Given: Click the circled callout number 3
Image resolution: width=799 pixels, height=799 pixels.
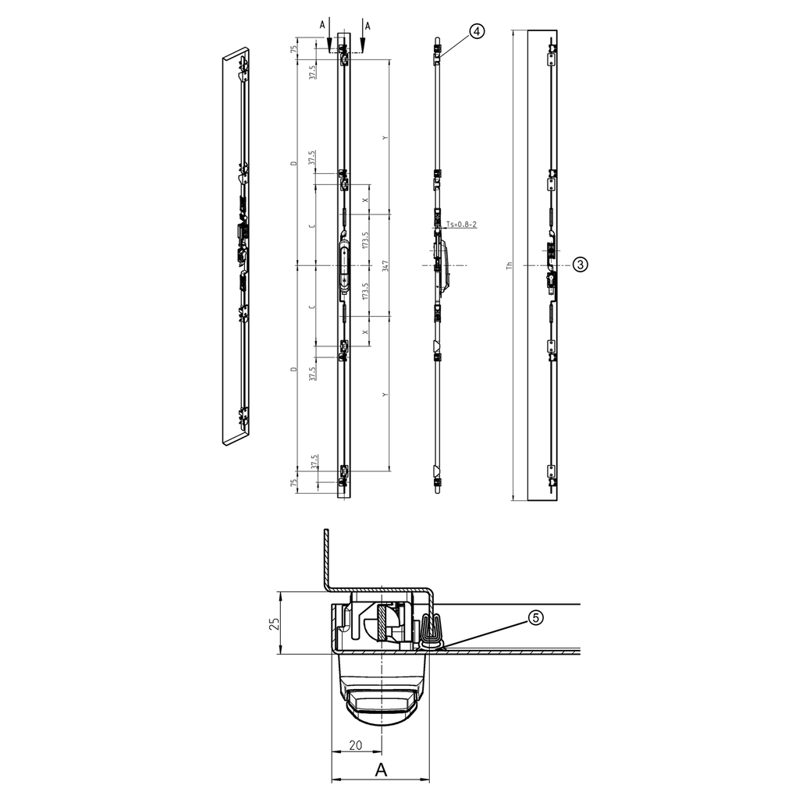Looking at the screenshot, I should coord(580,265).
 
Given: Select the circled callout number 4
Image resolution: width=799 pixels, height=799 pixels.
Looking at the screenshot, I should coord(478,31).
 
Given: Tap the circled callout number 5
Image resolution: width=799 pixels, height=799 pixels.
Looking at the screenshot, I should coord(535,617).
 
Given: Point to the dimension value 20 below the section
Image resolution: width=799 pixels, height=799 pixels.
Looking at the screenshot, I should coord(355,745).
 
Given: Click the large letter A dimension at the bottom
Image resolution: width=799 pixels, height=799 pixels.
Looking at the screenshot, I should coord(381,770).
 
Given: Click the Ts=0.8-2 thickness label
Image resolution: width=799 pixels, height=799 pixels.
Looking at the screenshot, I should coord(461,225).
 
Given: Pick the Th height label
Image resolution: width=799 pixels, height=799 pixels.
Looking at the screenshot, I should coord(509,265).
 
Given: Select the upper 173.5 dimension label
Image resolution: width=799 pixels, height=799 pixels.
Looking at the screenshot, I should coord(365,240).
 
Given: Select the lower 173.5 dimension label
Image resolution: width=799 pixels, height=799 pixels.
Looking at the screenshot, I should coord(365,291).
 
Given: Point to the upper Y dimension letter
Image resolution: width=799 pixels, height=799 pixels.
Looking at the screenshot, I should coord(385,138).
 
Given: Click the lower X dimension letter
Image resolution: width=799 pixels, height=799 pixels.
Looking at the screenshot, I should coord(365,331).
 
